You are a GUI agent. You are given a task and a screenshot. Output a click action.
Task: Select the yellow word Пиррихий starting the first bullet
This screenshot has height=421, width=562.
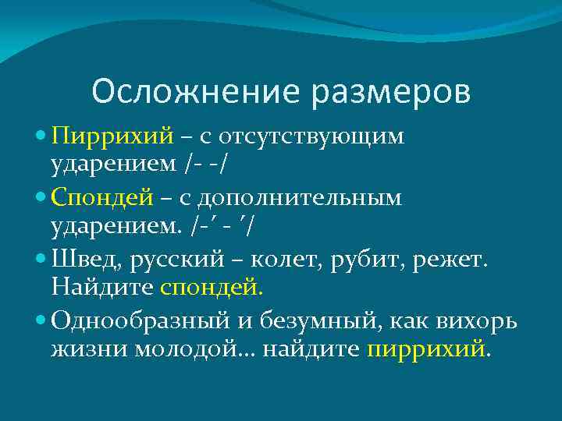tap(112, 136)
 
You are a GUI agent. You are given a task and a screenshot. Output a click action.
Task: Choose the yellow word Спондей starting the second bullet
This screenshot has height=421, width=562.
tap(102, 198)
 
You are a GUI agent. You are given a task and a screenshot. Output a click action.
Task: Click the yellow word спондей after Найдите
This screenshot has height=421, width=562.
tap(212, 287)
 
